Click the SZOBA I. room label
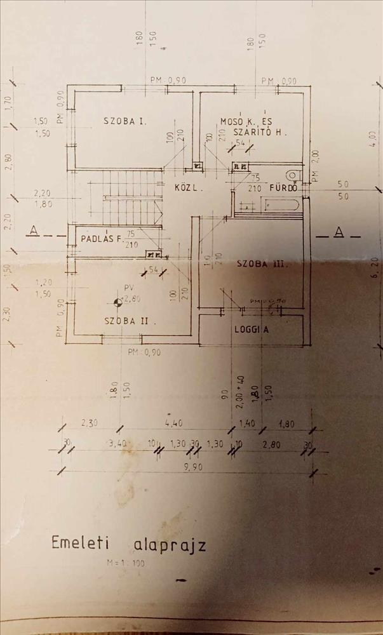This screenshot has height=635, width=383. pos(125,119)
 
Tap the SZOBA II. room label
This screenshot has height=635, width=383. pos(127,321)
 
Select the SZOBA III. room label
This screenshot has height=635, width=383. pos(257,264)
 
